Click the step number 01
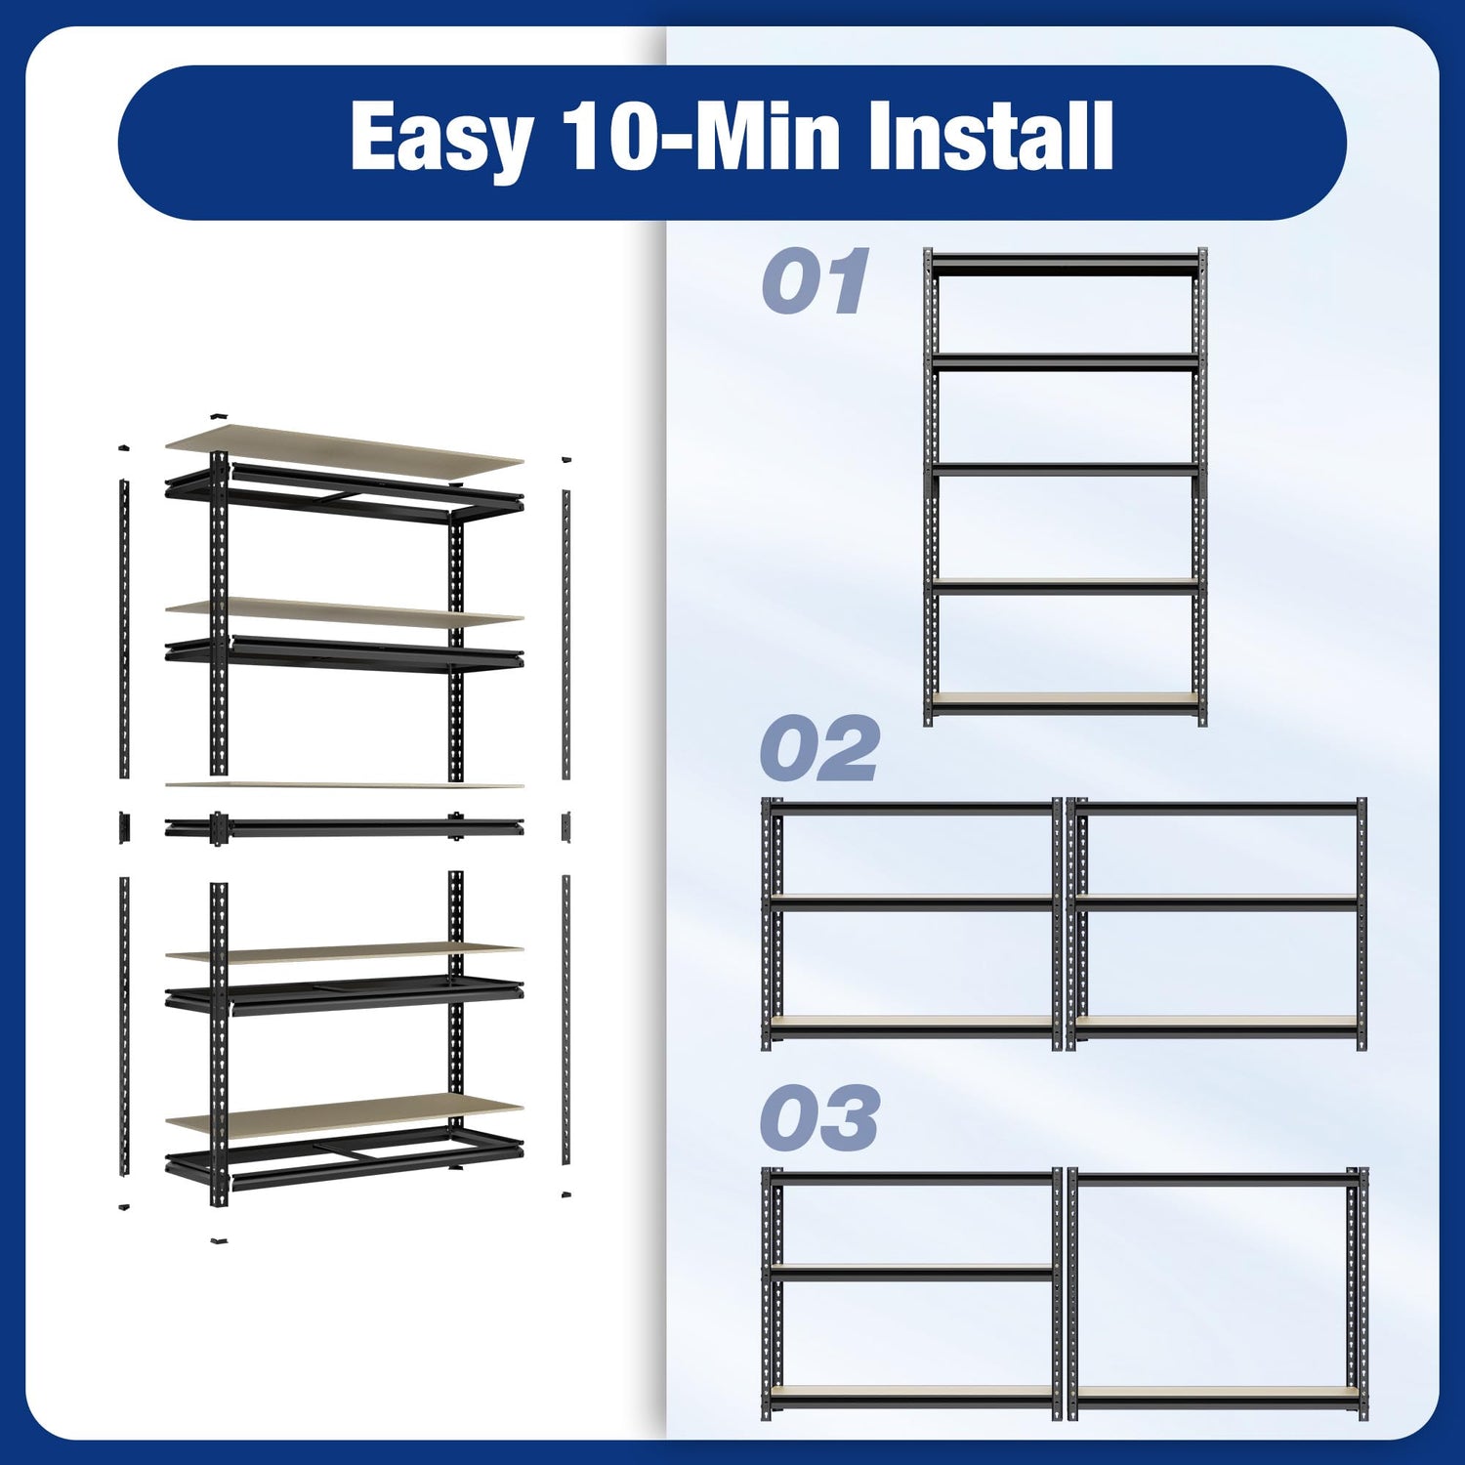[816, 281]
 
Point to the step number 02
[818, 749]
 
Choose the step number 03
[818, 1117]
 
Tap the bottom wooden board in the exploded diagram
[344, 1115]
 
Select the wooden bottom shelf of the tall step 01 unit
[1066, 699]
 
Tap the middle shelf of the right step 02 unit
[1216, 901]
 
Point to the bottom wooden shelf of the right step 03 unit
[1216, 1392]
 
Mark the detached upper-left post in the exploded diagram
[124, 629]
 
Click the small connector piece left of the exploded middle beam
[124, 826]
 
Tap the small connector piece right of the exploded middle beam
[565, 826]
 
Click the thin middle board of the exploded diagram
[344, 784]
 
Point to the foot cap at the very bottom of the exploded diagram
[219, 1241]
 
